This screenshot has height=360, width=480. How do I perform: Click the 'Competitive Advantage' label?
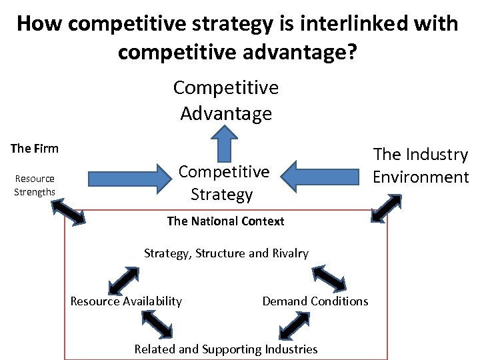click(x=226, y=100)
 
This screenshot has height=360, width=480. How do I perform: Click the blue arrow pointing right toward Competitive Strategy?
click(x=130, y=178)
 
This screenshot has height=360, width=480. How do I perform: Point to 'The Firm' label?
click(x=35, y=148)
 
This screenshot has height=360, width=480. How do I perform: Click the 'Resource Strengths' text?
click(x=35, y=185)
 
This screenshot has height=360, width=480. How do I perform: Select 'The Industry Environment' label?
click(x=421, y=165)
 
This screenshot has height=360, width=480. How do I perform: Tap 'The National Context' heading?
click(x=225, y=221)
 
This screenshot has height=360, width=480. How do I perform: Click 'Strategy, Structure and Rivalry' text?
click(x=226, y=253)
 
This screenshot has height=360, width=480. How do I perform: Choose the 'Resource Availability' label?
click(x=126, y=301)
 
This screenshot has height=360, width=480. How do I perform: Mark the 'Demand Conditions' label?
click(x=315, y=301)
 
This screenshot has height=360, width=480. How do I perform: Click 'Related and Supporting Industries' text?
click(x=226, y=349)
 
